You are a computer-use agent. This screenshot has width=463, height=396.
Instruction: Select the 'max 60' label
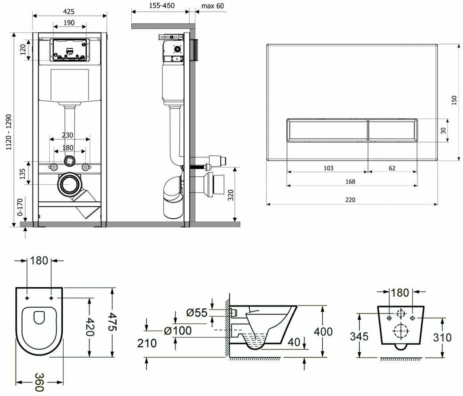[x=212, y=6]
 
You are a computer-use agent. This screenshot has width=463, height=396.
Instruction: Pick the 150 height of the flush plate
[x=454, y=101]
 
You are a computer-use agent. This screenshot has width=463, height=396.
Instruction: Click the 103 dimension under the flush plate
[x=328, y=168]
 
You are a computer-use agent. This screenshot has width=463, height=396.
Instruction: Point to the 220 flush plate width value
[x=350, y=200]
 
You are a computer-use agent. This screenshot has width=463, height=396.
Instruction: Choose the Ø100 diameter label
[x=177, y=331]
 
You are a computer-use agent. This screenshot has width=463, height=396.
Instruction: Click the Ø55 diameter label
[x=196, y=312]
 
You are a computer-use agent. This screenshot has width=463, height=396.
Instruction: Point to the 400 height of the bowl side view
[x=323, y=331]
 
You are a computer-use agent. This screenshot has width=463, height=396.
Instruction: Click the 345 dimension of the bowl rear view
[x=359, y=336]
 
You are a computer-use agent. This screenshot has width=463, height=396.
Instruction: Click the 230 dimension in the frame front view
[x=68, y=135]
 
